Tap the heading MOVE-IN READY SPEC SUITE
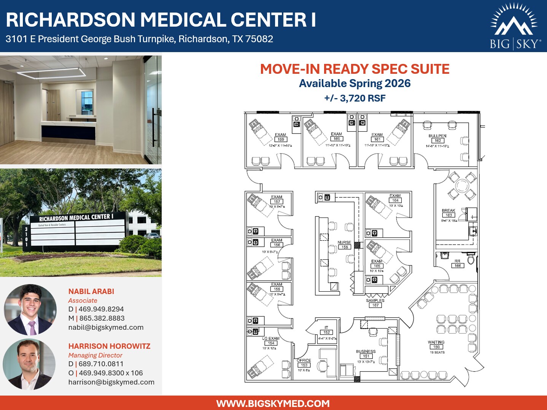coord(355,69)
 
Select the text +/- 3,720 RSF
coord(355,98)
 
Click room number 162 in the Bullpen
coord(437,141)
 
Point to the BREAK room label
coord(448,210)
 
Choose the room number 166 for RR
coord(458,266)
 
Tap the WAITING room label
coord(436,342)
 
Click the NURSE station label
coord(344,242)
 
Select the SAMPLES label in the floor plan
coord(375,300)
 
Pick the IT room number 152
coord(327,332)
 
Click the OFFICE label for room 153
coord(304,360)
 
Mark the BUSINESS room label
coord(366,351)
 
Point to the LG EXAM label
coord(271,338)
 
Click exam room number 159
coord(281,140)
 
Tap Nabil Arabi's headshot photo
coord(30,309)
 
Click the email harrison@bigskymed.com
coord(111,382)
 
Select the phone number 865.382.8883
coord(102,318)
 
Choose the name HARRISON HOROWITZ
coord(110,346)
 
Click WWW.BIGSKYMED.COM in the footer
coord(273,404)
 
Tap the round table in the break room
coord(462,186)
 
